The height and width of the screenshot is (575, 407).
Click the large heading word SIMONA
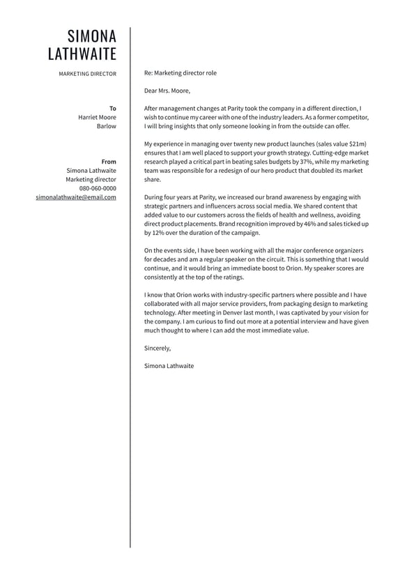[91, 36]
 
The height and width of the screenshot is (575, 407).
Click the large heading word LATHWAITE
[82, 54]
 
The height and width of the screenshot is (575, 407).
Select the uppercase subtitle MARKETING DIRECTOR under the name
[87, 73]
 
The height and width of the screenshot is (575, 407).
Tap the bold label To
[113, 108]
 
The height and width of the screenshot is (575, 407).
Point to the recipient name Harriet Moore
[97, 117]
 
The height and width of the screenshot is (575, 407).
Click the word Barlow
[107, 126]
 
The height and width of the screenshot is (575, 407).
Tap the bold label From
[109, 162]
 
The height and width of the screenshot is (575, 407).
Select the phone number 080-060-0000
[98, 188]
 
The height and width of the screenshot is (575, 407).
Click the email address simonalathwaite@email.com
[76, 197]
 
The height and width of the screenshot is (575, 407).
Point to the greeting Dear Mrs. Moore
[167, 91]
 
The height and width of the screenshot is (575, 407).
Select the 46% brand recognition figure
[311, 224]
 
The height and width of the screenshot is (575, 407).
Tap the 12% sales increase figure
[158, 233]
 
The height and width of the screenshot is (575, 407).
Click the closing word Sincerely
[157, 348]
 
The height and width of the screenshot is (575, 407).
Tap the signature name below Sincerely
[169, 366]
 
